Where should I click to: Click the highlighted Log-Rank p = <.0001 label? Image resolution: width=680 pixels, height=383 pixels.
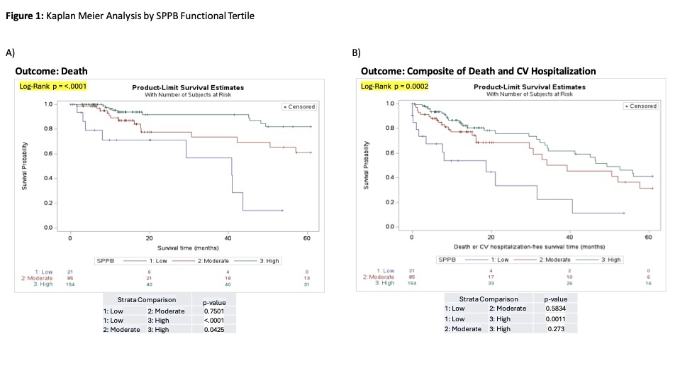[x=52, y=86]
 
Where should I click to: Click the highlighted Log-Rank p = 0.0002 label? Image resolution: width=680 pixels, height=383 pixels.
[x=392, y=86]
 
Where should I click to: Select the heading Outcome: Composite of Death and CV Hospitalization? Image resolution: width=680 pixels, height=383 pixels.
[x=479, y=71]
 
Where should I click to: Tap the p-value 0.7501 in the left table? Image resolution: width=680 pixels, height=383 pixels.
[x=219, y=310]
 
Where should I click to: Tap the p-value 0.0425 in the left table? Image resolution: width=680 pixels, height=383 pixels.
[x=219, y=328]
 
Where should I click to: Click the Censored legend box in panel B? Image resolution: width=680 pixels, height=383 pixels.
[x=640, y=106]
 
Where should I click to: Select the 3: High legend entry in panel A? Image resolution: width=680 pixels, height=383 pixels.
[x=267, y=261]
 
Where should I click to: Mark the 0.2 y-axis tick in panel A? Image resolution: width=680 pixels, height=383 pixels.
[x=49, y=204]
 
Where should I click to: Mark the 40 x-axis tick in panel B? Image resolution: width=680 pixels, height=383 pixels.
[x=569, y=235]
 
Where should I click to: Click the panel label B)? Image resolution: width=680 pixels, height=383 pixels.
[x=357, y=52]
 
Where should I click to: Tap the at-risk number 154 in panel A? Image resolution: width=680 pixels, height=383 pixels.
[x=70, y=284]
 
